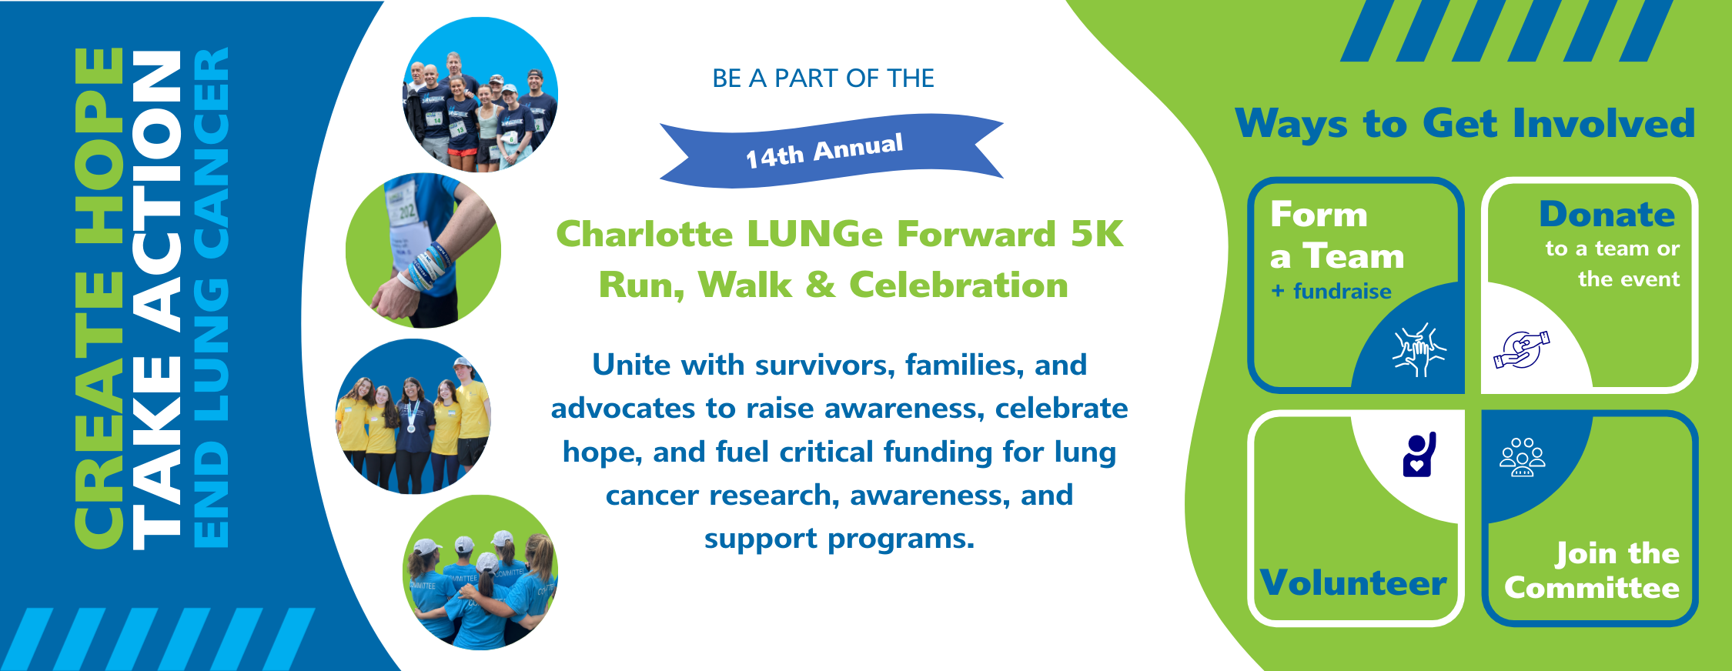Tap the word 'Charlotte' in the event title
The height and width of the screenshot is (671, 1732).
(x=644, y=235)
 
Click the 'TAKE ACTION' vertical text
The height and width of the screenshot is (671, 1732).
(x=156, y=300)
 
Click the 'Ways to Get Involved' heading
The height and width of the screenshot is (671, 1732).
(x=1465, y=124)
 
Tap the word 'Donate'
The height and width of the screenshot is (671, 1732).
(x=1607, y=215)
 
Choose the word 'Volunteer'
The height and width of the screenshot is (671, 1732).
(x=1353, y=583)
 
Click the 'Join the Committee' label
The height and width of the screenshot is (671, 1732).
(x=1592, y=570)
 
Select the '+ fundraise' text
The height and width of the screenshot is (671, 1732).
(x=1331, y=292)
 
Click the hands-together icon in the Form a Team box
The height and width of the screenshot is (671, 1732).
(x=1419, y=350)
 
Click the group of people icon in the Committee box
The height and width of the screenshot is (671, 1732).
(x=1522, y=457)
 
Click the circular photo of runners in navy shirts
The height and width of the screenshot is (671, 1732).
(x=480, y=95)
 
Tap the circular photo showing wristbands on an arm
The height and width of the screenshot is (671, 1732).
(x=423, y=251)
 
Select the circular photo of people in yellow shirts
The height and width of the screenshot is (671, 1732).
(x=413, y=416)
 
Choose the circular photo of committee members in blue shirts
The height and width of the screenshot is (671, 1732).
(x=480, y=573)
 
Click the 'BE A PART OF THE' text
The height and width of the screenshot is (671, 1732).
(x=823, y=78)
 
